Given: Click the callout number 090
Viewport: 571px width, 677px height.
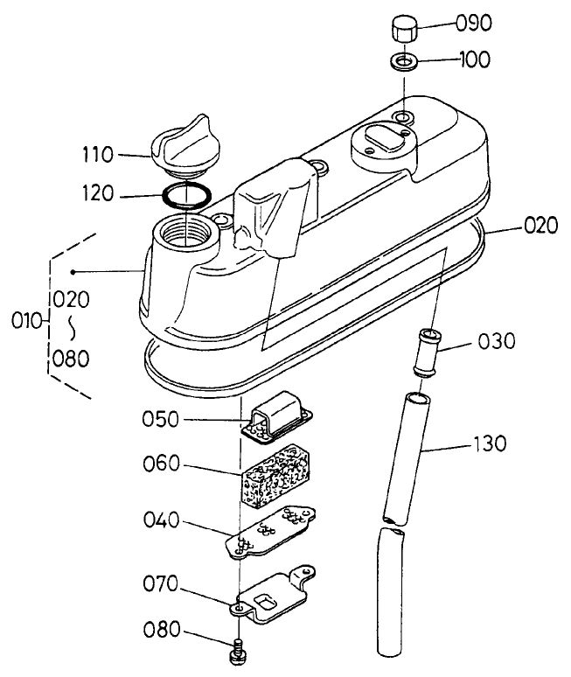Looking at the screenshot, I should click(476, 22).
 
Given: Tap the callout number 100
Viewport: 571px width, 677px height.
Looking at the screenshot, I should click(476, 60).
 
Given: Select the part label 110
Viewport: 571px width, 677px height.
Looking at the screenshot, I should click(121, 155).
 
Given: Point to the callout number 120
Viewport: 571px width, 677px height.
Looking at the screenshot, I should click(121, 193).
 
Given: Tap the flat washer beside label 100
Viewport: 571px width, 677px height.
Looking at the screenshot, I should click(402, 61).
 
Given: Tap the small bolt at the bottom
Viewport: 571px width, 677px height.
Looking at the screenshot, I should click(238, 649).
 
